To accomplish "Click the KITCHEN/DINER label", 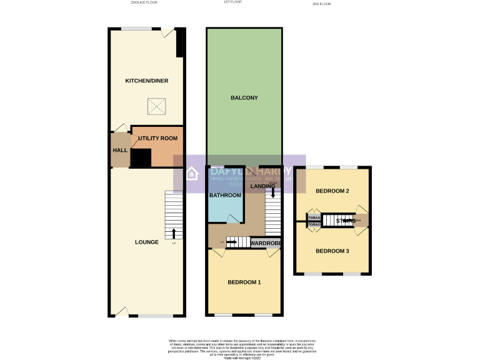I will tap(147, 81).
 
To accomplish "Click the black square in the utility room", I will tap(141, 157).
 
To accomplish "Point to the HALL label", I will tap(120, 151).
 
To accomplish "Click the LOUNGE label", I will tap(147, 242).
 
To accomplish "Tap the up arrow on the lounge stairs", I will tap(174, 234).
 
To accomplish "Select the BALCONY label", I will tap(244, 98).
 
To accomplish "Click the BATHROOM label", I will tap(225, 196).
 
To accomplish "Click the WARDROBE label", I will tap(266, 242).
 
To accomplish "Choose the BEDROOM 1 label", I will tap(244, 282).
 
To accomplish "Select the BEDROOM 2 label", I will tap(332, 191).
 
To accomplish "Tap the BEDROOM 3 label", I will tap(332, 251).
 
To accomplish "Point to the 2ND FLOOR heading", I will tap(321, 4).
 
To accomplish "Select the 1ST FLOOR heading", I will tap(232, 2).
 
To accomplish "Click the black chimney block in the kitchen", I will tap(180, 44).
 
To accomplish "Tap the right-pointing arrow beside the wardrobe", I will tap(230, 242).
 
